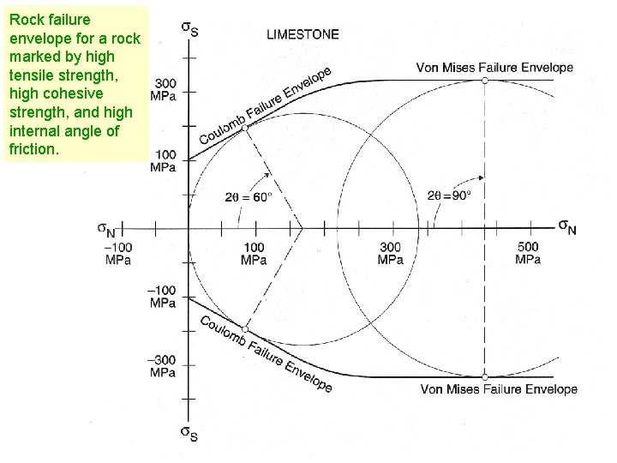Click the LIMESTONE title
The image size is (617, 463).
click(303, 34)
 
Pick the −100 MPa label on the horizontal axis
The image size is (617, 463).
click(118, 254)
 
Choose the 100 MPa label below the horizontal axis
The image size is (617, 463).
click(254, 254)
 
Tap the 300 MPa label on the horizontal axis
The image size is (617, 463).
click(390, 254)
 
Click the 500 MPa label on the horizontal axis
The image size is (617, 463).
click(528, 254)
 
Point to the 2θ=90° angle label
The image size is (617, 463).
click(449, 195)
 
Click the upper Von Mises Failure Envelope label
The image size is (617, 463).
click(494, 68)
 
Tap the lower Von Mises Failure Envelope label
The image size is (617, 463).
click(499, 389)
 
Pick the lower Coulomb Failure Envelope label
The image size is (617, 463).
click(266, 353)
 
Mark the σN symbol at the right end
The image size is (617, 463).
click(567, 226)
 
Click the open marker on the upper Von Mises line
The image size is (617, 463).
click(485, 80)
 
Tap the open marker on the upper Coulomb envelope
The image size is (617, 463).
click(245, 128)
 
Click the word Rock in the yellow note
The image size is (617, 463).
click(24, 17)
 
